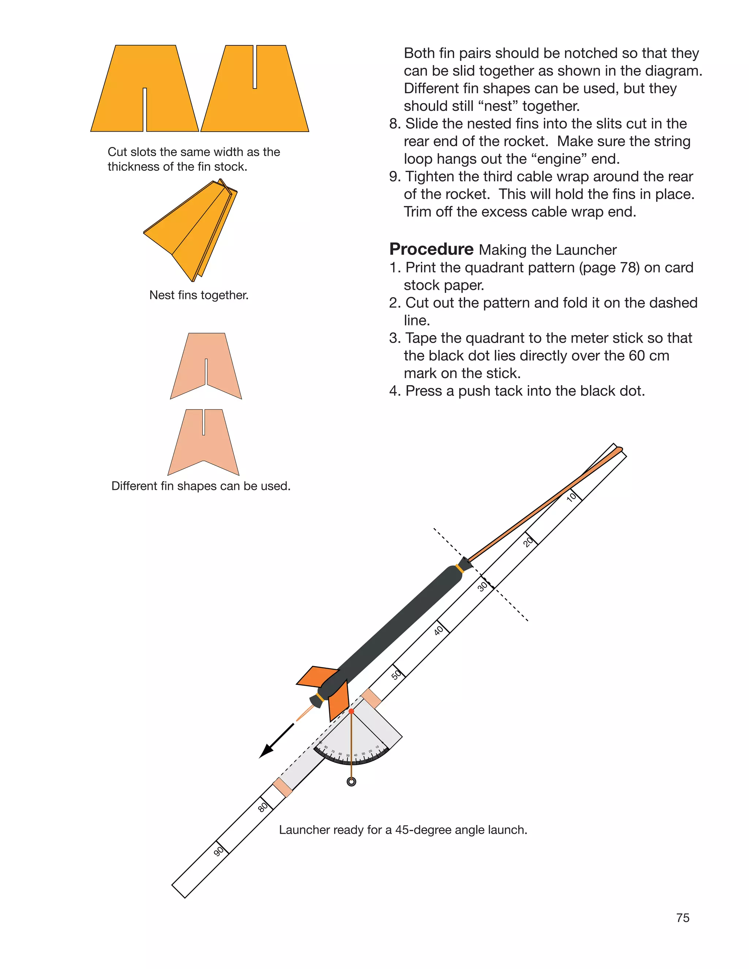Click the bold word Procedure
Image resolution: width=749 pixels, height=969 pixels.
(431, 249)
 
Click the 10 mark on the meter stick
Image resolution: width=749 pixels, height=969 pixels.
(572, 497)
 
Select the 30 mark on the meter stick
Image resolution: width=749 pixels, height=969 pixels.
(482, 587)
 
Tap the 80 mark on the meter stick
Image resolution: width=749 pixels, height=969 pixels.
(263, 807)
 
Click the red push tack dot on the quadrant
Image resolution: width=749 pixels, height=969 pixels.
(351, 711)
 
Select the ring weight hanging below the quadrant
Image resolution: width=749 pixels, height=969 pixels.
(351, 782)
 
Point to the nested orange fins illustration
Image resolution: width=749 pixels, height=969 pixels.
(191, 230)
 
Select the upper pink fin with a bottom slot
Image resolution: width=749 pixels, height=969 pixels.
(206, 366)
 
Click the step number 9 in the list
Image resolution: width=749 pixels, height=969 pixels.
(394, 177)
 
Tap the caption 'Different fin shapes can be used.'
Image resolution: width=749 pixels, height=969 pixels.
(200, 486)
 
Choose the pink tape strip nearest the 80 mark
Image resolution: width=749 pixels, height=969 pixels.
(282, 788)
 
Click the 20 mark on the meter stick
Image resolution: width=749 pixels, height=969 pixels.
(528, 542)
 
